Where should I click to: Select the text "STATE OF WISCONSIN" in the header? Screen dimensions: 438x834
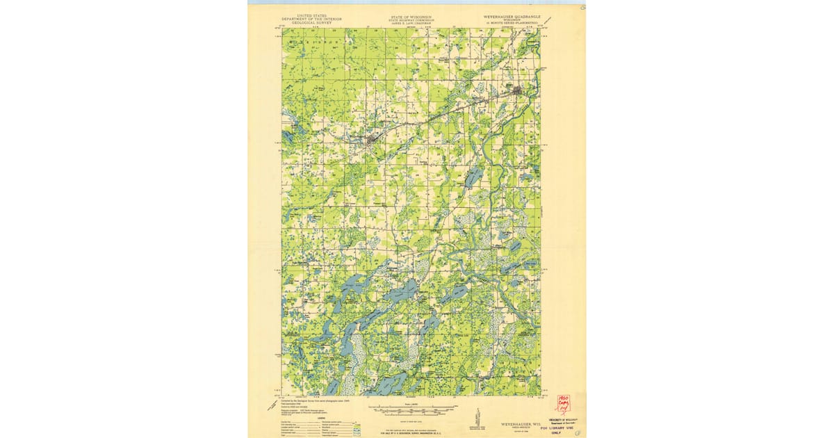[x=411, y=15]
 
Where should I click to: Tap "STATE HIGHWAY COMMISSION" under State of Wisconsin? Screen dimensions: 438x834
[x=411, y=19]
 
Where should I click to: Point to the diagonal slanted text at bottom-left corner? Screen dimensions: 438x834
[x=271, y=405]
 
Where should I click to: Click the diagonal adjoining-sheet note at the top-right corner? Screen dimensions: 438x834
[x=548, y=21]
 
